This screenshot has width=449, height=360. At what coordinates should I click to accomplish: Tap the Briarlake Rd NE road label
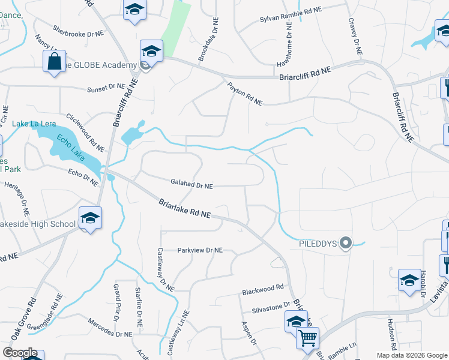tap(185, 209)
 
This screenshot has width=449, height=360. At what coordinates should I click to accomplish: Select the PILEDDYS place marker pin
tap(345, 243)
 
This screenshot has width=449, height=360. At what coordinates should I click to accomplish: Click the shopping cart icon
tap(308, 338)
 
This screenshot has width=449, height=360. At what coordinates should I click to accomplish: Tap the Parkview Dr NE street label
tap(200, 250)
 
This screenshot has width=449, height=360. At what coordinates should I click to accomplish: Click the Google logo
tap(20, 353)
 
